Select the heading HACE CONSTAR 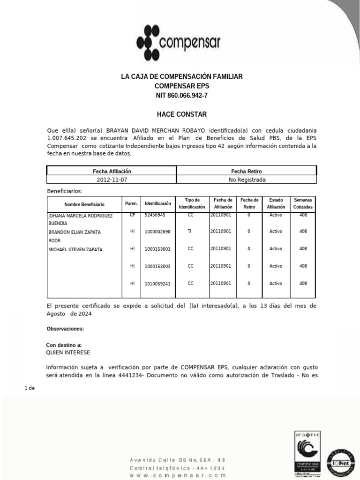[x=181, y=114]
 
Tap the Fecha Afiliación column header [x=112, y=172]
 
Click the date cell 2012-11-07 [x=112, y=180]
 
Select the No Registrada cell [x=247, y=180]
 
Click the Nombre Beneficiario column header [x=84, y=204]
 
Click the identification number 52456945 [x=155, y=215]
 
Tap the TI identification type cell [x=190, y=232]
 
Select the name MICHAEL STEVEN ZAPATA [x=75, y=249]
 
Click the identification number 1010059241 [x=157, y=283]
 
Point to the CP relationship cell [x=132, y=215]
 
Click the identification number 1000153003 [x=157, y=266]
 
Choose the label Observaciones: [x=65, y=329]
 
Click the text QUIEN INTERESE [x=68, y=352]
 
